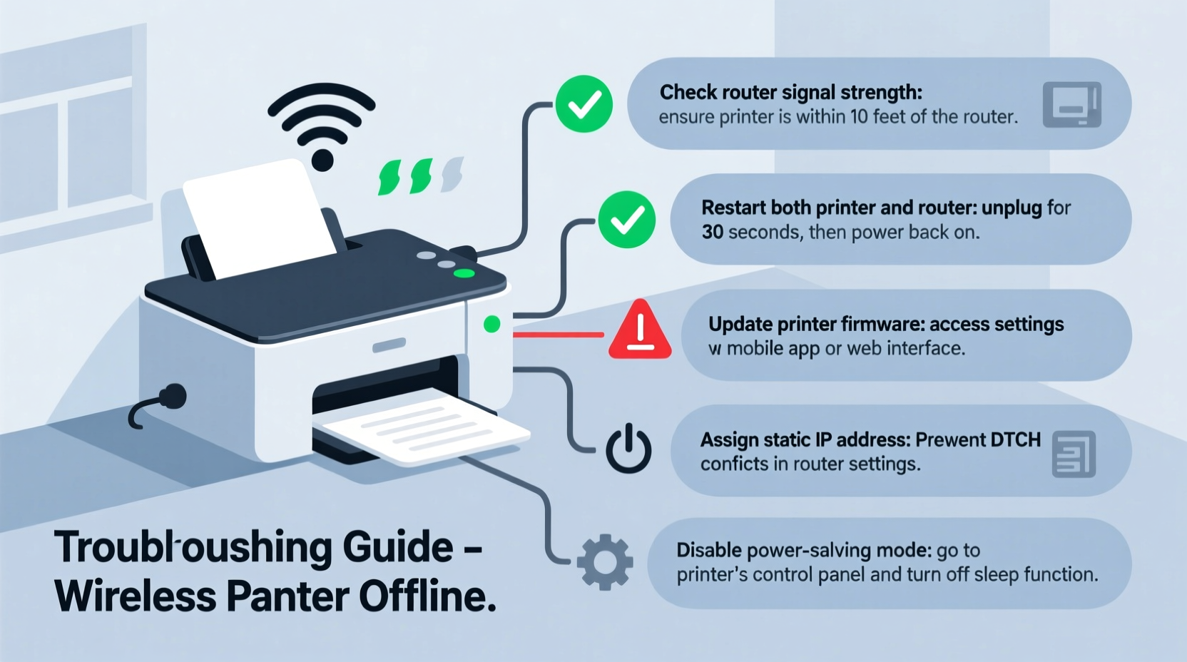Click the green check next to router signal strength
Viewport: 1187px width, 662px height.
click(584, 104)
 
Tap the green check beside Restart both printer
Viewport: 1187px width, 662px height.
click(626, 220)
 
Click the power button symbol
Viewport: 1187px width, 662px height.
click(628, 449)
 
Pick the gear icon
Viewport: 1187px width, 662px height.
click(604, 561)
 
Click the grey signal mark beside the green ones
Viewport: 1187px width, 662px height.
click(452, 175)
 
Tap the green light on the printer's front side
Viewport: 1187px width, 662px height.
click(491, 325)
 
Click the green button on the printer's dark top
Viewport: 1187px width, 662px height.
click(464, 273)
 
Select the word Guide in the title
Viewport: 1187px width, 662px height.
click(397, 548)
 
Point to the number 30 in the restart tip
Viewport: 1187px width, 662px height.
click(713, 233)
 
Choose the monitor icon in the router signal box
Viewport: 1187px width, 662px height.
click(1071, 105)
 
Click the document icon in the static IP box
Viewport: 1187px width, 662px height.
click(1073, 454)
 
